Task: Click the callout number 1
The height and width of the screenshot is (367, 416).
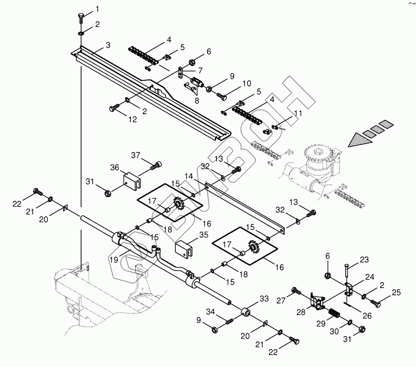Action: [97, 9]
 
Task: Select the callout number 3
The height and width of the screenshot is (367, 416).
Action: [108, 45]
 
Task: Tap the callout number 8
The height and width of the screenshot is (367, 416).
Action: [197, 102]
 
